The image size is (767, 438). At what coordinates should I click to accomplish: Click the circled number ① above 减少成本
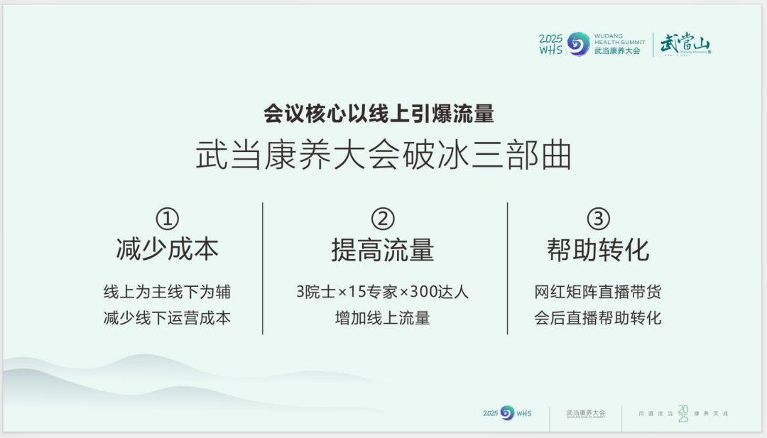[167, 219]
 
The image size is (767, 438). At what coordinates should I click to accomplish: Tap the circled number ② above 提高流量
[382, 219]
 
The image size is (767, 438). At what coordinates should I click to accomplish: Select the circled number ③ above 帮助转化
[598, 219]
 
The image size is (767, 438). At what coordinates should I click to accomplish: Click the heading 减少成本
[167, 250]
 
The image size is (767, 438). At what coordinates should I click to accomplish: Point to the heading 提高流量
[382, 250]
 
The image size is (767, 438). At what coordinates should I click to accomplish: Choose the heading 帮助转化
[598, 250]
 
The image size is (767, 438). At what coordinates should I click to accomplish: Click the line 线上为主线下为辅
[167, 292]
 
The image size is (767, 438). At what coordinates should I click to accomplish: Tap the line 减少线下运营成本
[167, 317]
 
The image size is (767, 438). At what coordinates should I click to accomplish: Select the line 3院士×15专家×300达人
[382, 292]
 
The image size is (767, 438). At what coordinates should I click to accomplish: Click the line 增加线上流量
[382, 317]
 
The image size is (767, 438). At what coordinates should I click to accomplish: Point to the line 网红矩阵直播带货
[598, 292]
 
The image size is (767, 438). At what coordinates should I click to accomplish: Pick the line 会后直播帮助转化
[598, 317]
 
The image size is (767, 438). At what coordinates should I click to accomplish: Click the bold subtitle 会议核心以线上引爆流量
[379, 114]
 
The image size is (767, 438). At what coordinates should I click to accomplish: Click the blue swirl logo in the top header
[579, 44]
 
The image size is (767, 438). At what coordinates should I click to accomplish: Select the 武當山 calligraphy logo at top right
[685, 44]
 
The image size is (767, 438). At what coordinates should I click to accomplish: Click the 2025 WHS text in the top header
[551, 44]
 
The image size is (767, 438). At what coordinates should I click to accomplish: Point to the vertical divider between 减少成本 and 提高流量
[263, 268]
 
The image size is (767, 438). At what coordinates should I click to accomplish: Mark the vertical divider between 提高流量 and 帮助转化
[507, 268]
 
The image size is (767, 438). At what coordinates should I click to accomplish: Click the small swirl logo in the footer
[507, 413]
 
